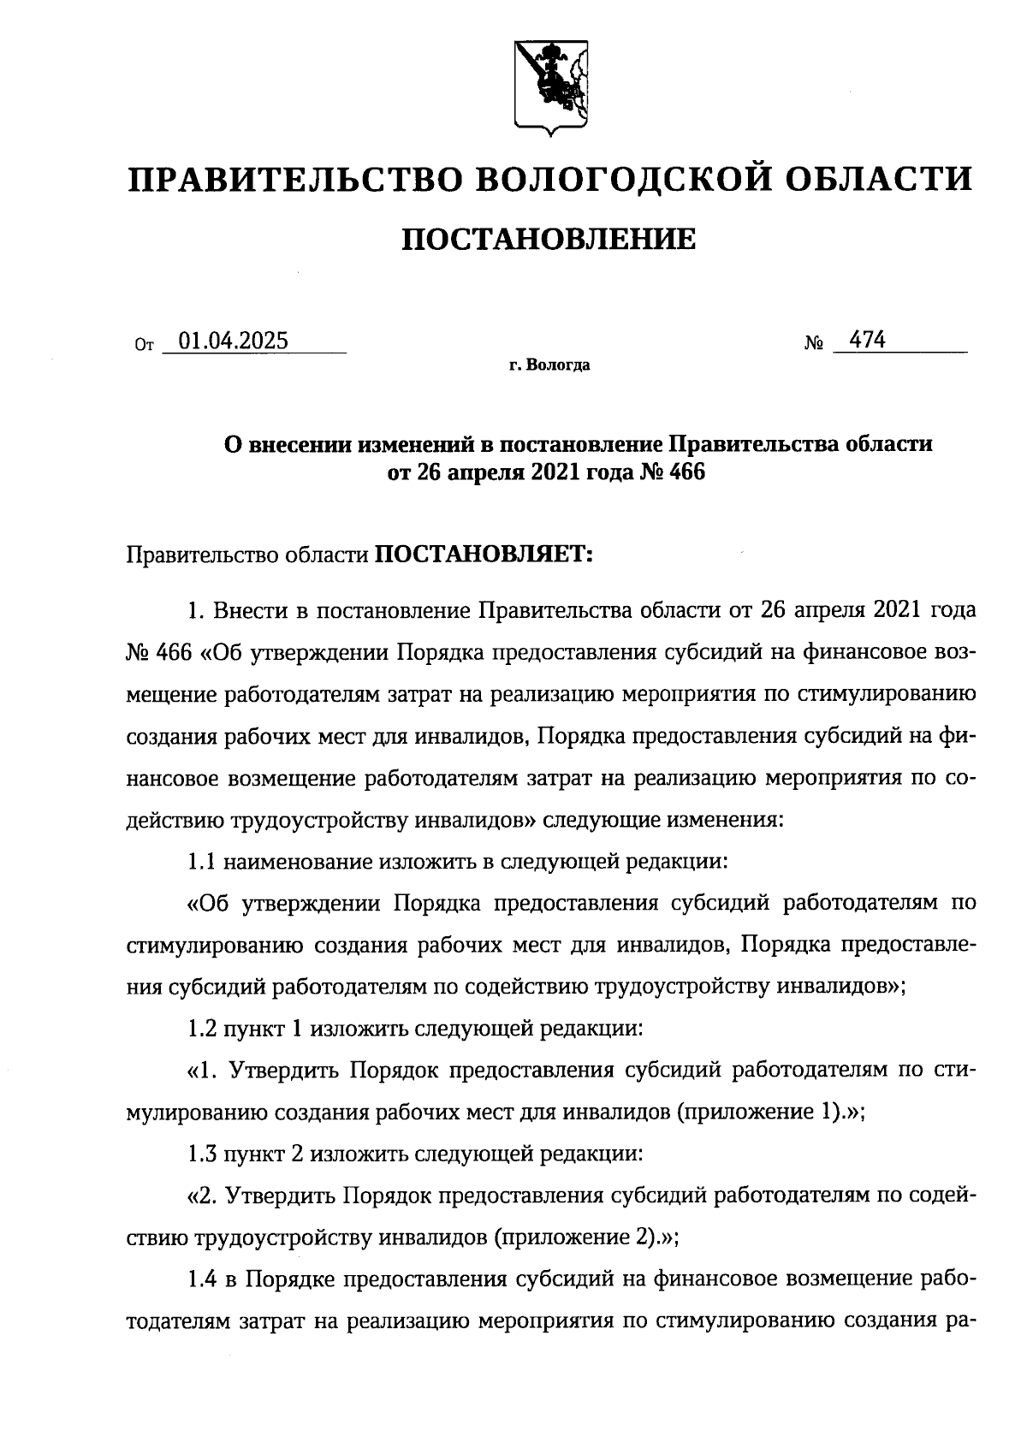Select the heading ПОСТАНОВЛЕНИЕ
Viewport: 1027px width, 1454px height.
[549, 240]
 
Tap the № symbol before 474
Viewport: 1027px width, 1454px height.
[814, 345]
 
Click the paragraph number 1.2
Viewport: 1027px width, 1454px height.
[202, 1028]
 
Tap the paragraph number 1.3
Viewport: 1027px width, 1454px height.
[202, 1154]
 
